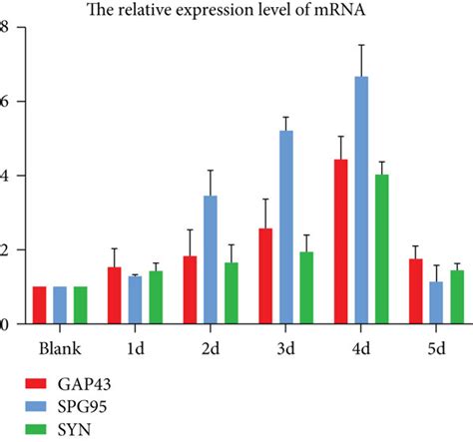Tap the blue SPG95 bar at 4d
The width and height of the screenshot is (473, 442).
coord(361,200)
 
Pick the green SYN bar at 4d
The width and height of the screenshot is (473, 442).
coord(381,249)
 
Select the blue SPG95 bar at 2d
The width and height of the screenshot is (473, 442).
coord(212,259)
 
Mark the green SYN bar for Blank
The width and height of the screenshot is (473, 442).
coord(81,305)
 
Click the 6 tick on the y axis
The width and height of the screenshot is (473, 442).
coord(5,101)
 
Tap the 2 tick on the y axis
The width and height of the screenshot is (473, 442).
coord(5,249)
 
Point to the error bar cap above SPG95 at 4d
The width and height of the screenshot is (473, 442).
coord(361,45)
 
